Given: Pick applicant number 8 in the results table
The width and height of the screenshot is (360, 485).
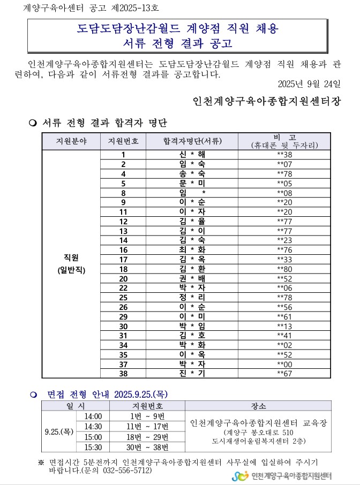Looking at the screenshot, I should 123,193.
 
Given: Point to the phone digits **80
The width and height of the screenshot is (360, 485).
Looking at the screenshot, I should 284,269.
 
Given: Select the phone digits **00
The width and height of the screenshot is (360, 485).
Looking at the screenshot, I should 284,364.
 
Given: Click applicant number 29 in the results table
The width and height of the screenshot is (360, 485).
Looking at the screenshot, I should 123,316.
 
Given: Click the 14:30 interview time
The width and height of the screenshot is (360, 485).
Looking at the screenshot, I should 93,427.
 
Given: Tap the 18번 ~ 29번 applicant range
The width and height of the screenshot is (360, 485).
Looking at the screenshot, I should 147,437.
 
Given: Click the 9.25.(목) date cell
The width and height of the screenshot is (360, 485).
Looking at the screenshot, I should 59,431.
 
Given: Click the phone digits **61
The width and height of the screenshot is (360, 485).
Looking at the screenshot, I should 284,316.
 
